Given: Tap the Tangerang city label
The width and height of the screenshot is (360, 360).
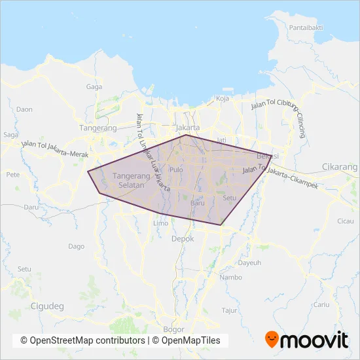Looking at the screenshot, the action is (x=97, y=128).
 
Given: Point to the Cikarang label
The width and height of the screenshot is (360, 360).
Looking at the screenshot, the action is (x=340, y=167).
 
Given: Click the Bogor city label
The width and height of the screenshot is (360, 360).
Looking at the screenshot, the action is (x=174, y=329).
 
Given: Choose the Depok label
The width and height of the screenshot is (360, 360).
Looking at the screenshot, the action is (x=183, y=239).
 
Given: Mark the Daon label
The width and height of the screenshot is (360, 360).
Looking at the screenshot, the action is (x=24, y=109).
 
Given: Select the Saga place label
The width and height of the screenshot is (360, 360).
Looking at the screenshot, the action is (x=10, y=135).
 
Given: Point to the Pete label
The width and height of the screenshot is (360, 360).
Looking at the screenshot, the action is (x=12, y=175).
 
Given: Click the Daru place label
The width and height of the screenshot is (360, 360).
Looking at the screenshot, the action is (x=31, y=207).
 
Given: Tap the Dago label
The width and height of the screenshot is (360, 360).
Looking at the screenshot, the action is (x=76, y=246).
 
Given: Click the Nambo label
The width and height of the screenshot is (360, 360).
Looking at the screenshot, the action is (x=231, y=277).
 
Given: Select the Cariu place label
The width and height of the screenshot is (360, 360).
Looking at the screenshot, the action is (x=321, y=304).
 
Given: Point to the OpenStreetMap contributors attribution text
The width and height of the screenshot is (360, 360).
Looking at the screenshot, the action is (x=82, y=340).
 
